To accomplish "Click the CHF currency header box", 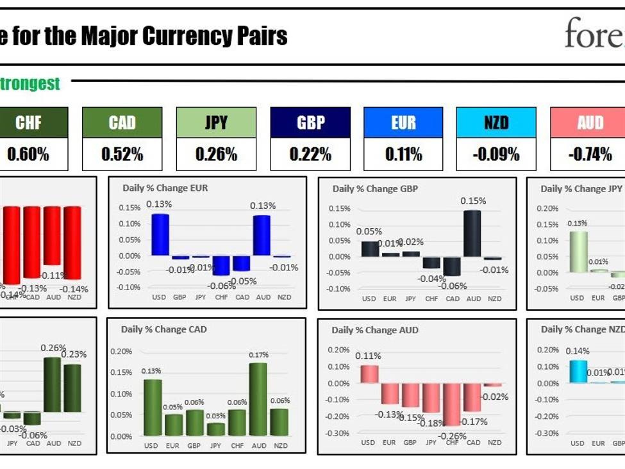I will pyautogui.click(x=29, y=122).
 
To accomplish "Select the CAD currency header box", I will pyautogui.click(x=122, y=122).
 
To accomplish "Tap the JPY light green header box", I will pyautogui.click(x=216, y=122).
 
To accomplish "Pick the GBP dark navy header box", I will pyautogui.click(x=310, y=122).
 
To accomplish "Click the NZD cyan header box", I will pyautogui.click(x=496, y=122).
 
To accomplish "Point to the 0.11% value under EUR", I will pyautogui.click(x=403, y=154).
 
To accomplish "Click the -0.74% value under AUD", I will pyautogui.click(x=590, y=154).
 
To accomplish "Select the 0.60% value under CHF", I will pyautogui.click(x=29, y=154).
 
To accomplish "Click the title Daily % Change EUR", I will pyautogui.click(x=165, y=188).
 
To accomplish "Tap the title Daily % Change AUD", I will pyautogui.click(x=374, y=330).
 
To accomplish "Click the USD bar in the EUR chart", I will pyautogui.click(x=160, y=234).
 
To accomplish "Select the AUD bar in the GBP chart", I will pyautogui.click(x=472, y=233).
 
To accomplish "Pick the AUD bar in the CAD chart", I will pyautogui.click(x=258, y=399).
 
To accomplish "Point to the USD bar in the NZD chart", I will pyautogui.click(x=578, y=372).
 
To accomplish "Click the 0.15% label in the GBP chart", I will pyautogui.click(x=473, y=201).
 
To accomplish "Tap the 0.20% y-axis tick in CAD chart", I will pyautogui.click(x=121, y=351).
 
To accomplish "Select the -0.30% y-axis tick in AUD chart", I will pyautogui.click(x=338, y=433).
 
